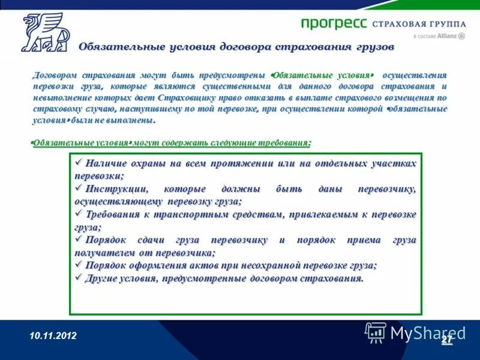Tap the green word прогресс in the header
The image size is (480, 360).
334,23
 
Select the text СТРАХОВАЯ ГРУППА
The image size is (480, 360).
419,24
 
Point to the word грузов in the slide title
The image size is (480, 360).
372,47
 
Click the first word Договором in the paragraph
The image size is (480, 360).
56,75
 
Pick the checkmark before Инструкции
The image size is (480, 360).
79,188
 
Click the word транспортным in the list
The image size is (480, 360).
182,214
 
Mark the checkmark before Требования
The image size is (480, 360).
79,214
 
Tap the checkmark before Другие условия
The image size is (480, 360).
79,277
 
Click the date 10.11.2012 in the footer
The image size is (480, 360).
53,336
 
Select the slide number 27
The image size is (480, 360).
446,340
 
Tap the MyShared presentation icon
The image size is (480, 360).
376,332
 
